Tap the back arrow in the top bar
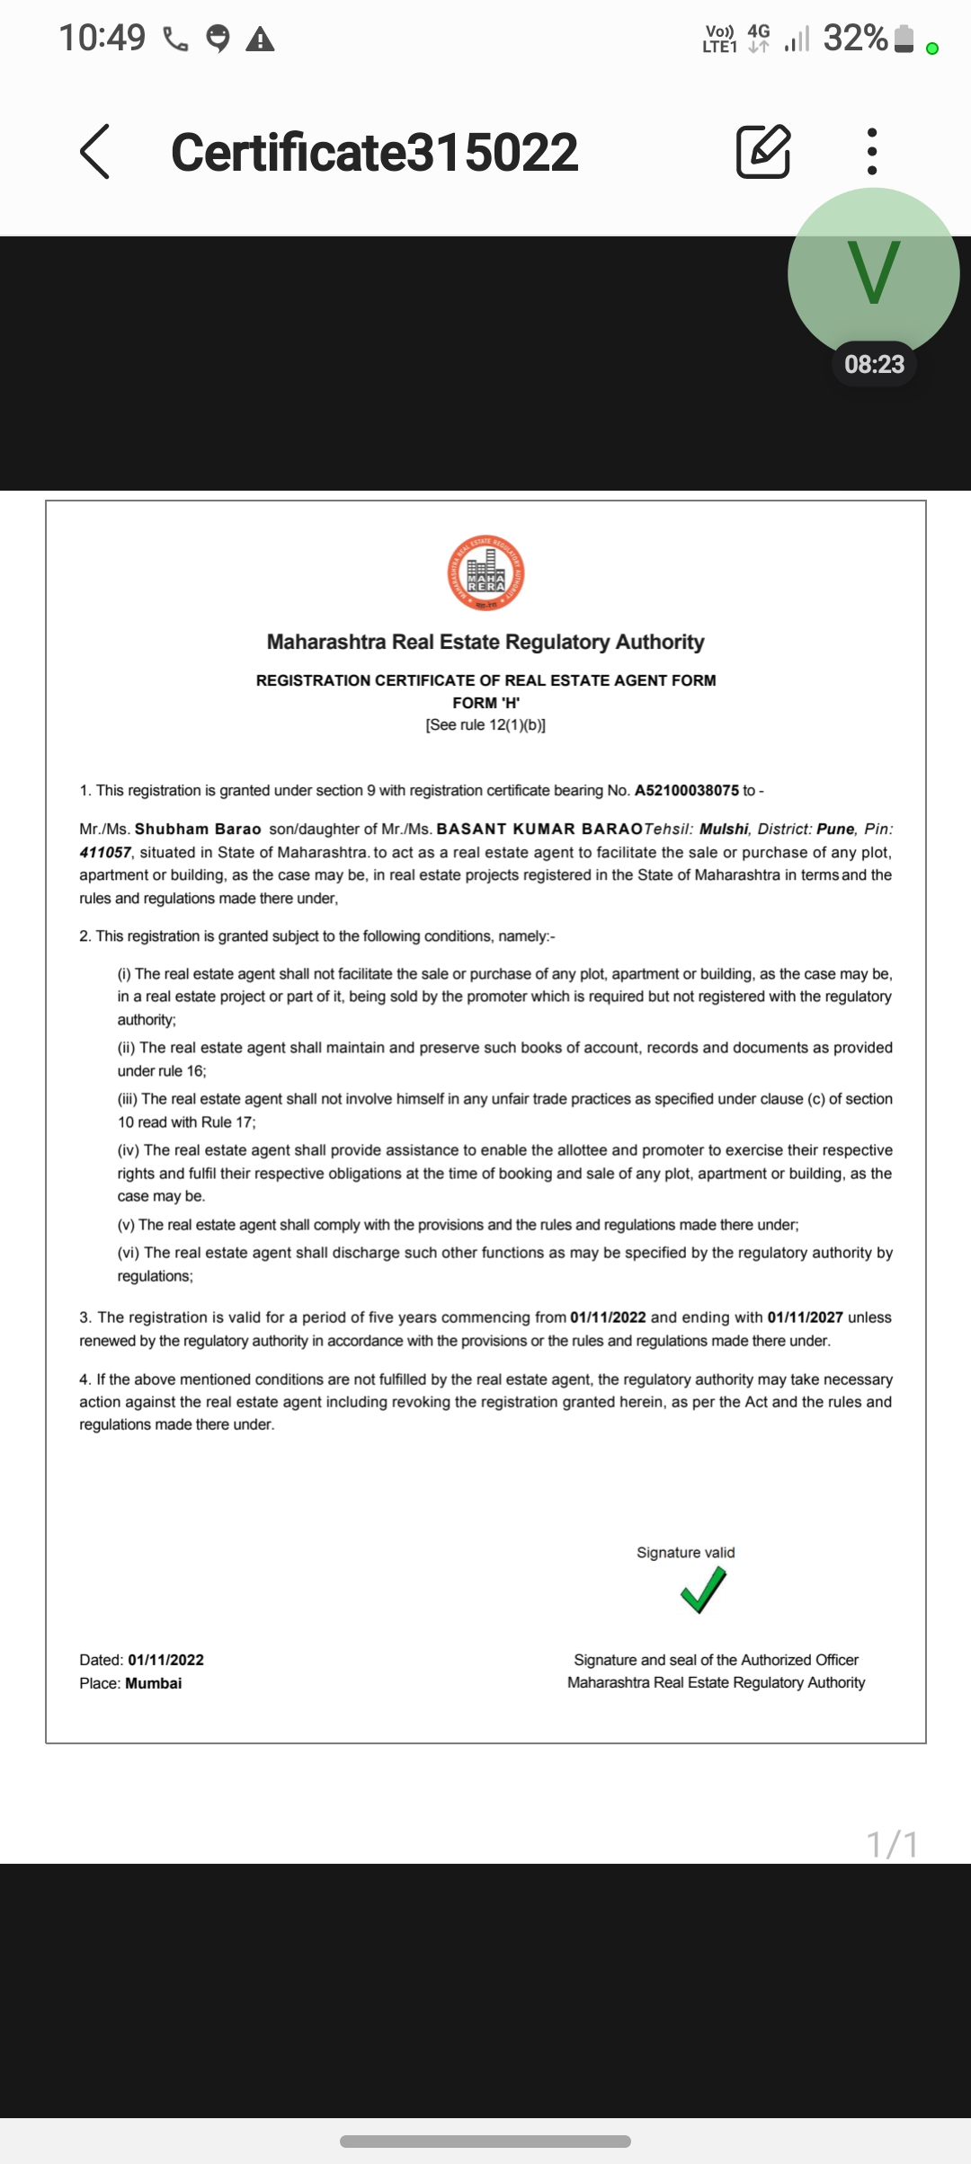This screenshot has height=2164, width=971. tap(95, 151)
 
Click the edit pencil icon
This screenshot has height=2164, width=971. tap(763, 151)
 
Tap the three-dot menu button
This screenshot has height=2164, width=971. tap(871, 151)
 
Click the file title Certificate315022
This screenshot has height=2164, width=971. tap(374, 152)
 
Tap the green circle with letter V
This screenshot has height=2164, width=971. tap(873, 270)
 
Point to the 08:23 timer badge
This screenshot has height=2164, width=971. tap(874, 364)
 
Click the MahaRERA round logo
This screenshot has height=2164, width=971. tap(485, 573)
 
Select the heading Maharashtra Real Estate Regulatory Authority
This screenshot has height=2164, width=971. tap(485, 642)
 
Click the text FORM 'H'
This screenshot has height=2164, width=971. tap(485, 703)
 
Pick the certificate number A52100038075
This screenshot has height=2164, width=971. tap(687, 791)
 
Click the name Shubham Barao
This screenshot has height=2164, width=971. tap(198, 829)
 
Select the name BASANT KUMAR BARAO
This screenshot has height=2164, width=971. tap(539, 829)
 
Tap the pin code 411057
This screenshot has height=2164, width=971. tap(105, 852)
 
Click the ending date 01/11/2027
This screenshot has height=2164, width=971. tap(805, 1317)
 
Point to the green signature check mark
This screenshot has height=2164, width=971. tap(703, 1589)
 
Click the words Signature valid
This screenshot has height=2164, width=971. tap(685, 1552)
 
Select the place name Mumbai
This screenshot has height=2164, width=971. tap(154, 1683)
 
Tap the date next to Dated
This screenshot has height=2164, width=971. tap(165, 1660)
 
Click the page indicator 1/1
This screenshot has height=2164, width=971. tap(892, 1844)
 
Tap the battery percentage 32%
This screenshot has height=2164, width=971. tap(855, 38)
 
